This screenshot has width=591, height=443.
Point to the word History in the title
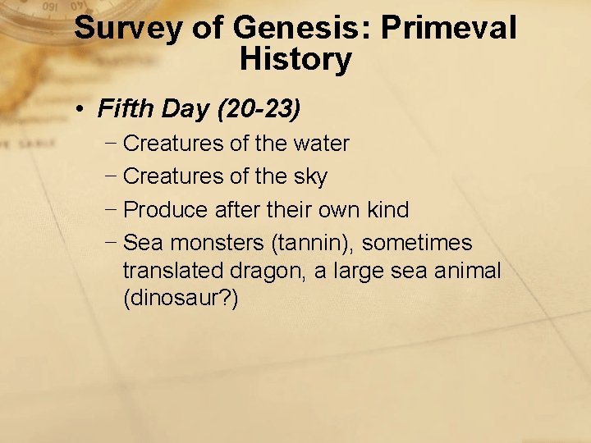(295, 60)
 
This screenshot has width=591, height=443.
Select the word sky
(309, 177)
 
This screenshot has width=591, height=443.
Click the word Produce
(166, 210)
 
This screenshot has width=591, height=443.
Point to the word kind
(387, 210)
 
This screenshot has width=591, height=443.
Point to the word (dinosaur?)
(181, 299)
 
